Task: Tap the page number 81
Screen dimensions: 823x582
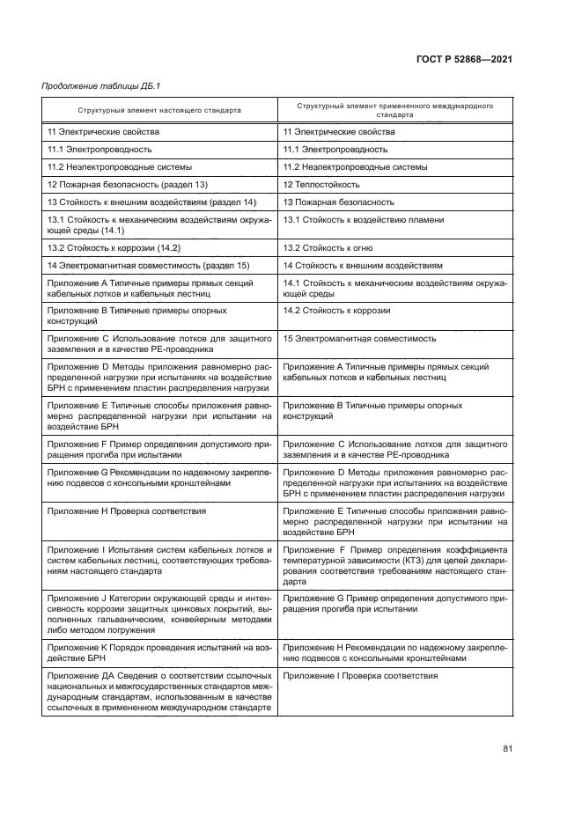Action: pos(507,748)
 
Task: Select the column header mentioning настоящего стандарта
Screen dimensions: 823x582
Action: pos(158,110)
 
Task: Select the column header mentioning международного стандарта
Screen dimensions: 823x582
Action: pos(394,110)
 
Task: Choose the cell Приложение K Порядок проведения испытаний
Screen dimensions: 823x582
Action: pos(158,652)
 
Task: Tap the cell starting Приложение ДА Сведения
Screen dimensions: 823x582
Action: pos(158,692)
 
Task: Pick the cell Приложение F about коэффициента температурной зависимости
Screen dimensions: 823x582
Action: pos(394,565)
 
